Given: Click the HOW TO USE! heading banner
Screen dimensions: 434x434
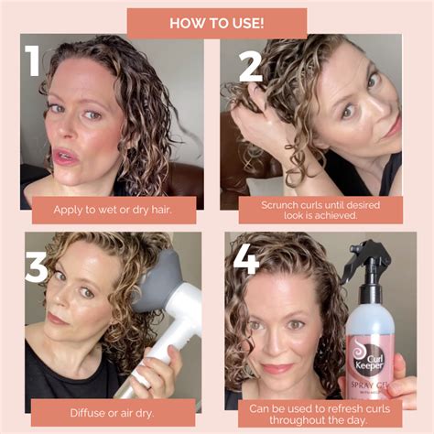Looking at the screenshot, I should point(217,22).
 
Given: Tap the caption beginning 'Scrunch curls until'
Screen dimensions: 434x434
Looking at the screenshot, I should point(320,210).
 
